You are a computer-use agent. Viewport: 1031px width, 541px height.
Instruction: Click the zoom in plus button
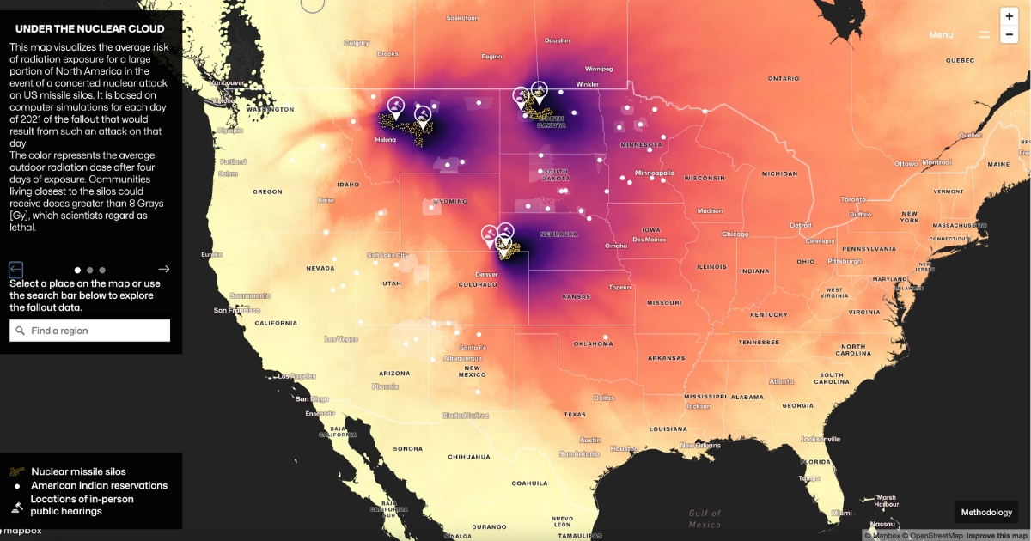pos(1010,17)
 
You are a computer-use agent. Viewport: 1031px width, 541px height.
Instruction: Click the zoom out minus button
pos(1010,35)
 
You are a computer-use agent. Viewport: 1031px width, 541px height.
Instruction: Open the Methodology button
pos(986,513)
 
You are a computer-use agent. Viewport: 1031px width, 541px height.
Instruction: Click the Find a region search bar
pos(90,331)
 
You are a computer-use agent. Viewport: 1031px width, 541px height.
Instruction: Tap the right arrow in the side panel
pos(164,269)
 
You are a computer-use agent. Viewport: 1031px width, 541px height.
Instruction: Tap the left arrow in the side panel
pos(16,269)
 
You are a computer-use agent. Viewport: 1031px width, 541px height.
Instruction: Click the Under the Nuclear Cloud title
pos(90,28)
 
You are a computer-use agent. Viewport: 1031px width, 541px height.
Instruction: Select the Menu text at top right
pos(941,35)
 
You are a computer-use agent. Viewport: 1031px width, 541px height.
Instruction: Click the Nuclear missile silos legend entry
pos(78,471)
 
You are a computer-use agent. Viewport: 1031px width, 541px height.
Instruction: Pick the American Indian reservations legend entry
pos(99,485)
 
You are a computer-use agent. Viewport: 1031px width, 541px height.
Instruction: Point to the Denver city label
pos(486,275)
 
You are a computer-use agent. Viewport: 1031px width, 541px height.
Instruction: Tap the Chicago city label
pos(735,234)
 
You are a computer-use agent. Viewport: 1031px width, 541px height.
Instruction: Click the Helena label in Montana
pos(385,140)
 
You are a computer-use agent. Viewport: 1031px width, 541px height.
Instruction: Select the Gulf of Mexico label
pos(705,519)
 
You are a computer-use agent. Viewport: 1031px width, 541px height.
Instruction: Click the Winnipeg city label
pos(599,69)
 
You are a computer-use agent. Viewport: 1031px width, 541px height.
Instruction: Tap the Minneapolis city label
pos(654,173)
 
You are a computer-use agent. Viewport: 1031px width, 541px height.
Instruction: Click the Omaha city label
pos(616,246)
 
